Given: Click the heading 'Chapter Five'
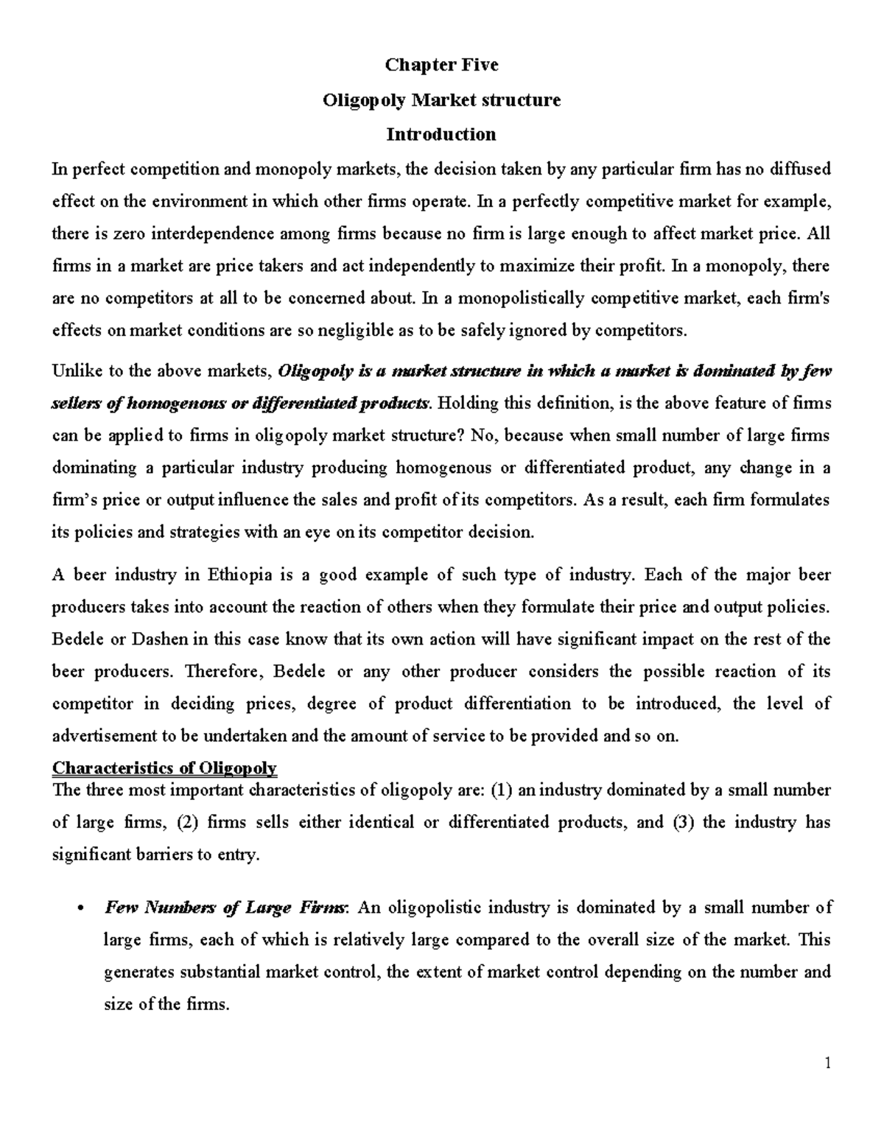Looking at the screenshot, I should (x=441, y=65).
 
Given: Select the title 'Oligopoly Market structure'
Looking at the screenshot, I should (x=441, y=99).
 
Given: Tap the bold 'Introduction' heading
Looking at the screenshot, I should (x=441, y=134).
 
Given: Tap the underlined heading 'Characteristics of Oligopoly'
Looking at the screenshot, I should (x=164, y=768).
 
